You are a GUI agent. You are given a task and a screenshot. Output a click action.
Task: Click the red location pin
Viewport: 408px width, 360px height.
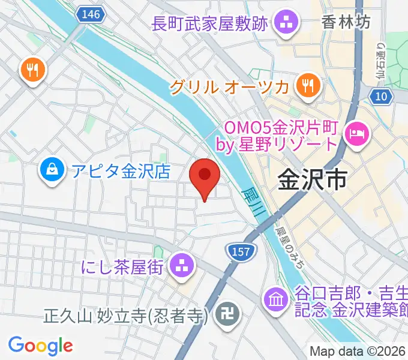[x=205, y=177]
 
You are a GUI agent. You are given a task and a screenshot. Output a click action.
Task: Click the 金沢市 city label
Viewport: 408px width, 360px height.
[x=313, y=178]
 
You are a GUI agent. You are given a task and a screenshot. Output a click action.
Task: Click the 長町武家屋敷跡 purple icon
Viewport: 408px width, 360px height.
[x=283, y=25]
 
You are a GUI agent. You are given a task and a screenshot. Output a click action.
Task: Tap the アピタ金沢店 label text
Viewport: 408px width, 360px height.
[x=121, y=172]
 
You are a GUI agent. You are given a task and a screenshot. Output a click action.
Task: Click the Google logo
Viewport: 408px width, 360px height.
[x=40, y=345]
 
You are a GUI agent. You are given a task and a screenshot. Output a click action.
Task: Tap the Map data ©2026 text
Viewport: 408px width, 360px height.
[x=357, y=351]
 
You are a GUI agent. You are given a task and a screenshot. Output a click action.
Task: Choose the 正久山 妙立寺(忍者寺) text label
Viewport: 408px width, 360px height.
[x=126, y=315]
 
